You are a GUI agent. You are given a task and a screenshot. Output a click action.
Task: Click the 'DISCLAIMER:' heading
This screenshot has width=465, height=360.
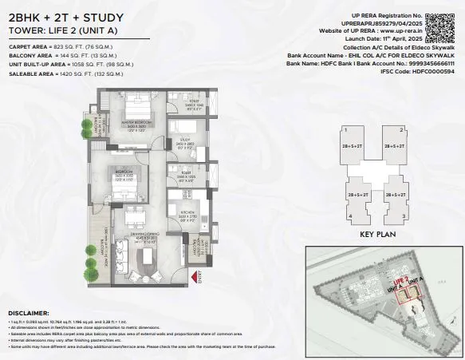(29, 313)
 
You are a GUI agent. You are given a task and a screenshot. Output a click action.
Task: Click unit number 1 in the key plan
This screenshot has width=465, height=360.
(343, 129)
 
